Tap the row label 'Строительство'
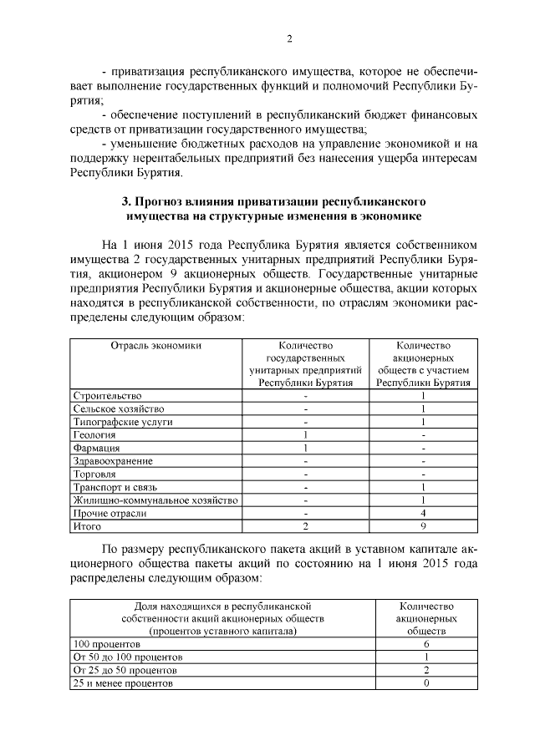[x=108, y=396]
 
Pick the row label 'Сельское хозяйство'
[x=119, y=409]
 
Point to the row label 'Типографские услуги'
[x=123, y=422]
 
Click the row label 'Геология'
[x=94, y=435]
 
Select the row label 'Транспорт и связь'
[x=115, y=487]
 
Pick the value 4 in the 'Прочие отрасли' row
[x=425, y=514]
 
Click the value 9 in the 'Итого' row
[x=425, y=526]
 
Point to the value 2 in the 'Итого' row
[x=306, y=526]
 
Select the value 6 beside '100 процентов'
[x=426, y=646]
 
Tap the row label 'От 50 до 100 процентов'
[x=128, y=658]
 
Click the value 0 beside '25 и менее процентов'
[x=426, y=683]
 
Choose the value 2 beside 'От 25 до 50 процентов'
[x=426, y=671]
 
